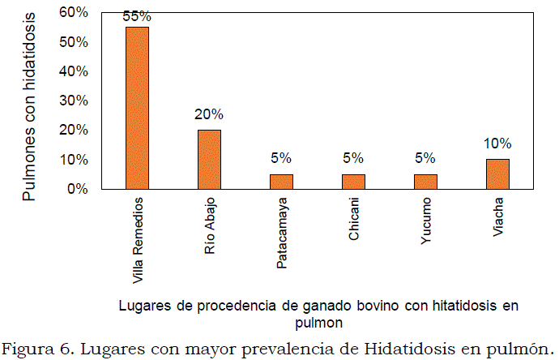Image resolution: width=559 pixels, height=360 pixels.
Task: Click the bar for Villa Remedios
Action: tap(137, 108)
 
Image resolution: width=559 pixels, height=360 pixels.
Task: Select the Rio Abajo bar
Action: tap(209, 159)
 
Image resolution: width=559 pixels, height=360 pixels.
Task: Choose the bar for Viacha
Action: tap(497, 174)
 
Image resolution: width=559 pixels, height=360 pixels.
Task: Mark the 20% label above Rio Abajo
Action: tap(209, 114)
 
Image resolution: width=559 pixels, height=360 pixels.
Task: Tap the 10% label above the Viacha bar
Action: tap(497, 144)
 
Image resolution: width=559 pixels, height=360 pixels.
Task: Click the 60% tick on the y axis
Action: tap(73, 12)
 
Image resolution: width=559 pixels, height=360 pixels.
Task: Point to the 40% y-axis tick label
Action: tap(73, 71)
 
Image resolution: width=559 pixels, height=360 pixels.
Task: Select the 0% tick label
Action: tap(77, 189)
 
